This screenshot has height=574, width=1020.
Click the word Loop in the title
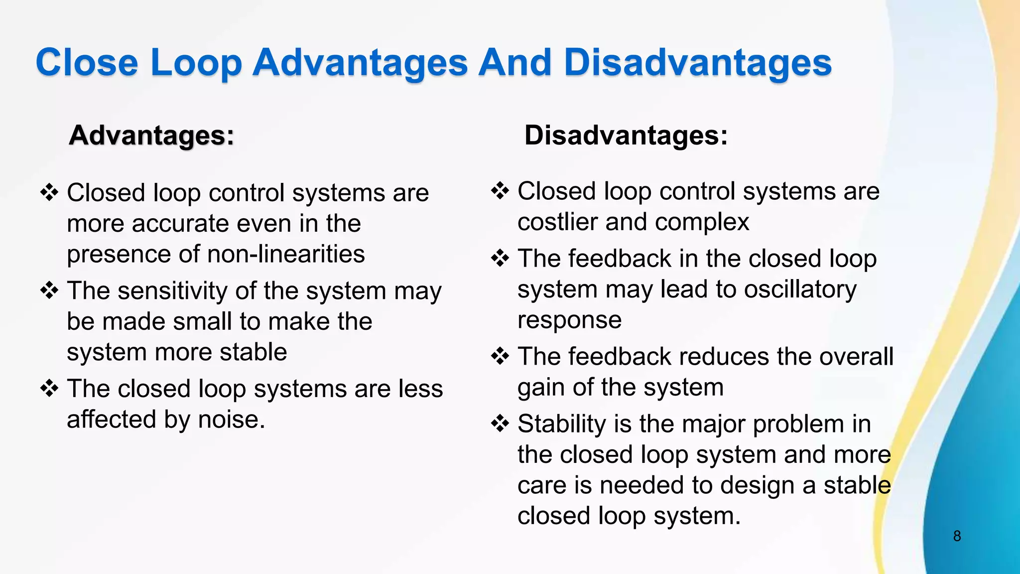pyautogui.click(x=196, y=63)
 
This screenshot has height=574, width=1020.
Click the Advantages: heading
pyautogui.click(x=151, y=136)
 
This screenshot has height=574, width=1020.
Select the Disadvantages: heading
pyautogui.click(x=626, y=136)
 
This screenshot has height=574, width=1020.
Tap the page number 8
pyautogui.click(x=957, y=536)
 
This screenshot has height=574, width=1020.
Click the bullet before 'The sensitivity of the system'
pyautogui.click(x=49, y=290)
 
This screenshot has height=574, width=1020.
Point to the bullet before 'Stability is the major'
pyautogui.click(x=500, y=424)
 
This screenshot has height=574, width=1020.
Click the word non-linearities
pyautogui.click(x=286, y=255)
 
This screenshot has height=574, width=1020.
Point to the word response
pyautogui.click(x=569, y=320)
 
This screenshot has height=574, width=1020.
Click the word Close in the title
pyautogui.click(x=87, y=63)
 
